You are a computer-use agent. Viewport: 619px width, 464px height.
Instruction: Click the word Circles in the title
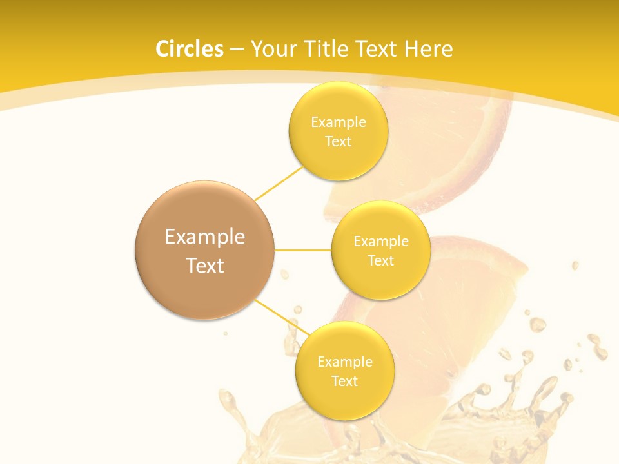click(189, 49)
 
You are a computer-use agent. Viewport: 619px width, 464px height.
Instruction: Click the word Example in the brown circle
click(204, 237)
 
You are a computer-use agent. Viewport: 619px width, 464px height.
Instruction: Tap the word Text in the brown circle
click(204, 266)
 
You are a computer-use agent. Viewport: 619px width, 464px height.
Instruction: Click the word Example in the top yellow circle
click(338, 122)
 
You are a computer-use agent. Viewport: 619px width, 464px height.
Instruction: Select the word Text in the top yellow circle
click(338, 142)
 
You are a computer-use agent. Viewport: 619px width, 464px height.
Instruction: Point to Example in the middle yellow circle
click(380, 242)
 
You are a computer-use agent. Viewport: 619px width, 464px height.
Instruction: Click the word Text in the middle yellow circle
click(380, 261)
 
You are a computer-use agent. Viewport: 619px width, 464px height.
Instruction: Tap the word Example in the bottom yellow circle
click(344, 362)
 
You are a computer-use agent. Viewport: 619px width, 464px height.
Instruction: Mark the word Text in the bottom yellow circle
click(344, 382)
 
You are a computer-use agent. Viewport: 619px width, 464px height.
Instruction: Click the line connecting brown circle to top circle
click(279, 182)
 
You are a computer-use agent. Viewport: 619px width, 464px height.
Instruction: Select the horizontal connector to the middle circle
click(303, 250)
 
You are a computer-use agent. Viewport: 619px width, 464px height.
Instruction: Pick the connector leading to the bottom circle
click(282, 317)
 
